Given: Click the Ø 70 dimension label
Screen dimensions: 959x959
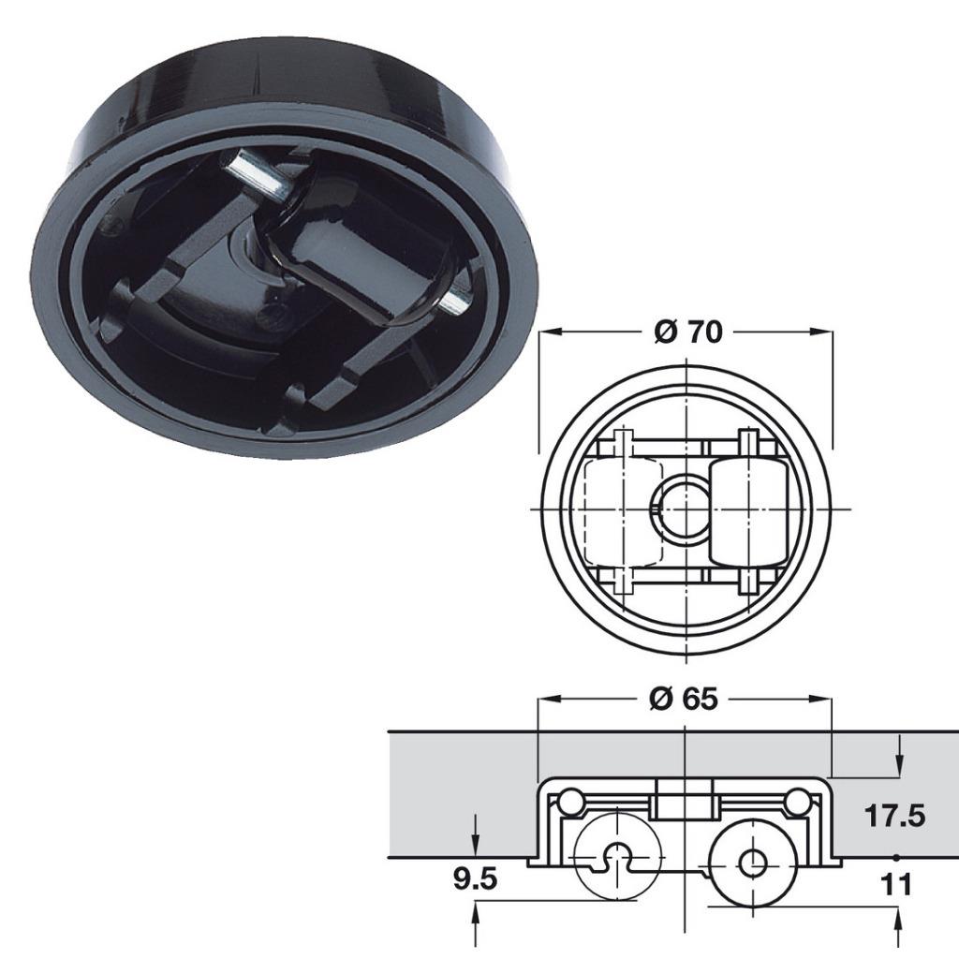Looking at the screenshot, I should click(x=687, y=332).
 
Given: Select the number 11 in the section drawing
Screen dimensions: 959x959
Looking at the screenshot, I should click(x=897, y=884).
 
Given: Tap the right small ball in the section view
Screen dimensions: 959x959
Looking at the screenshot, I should click(x=798, y=801).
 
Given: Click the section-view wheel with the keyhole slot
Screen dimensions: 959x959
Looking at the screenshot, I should click(x=615, y=854).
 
